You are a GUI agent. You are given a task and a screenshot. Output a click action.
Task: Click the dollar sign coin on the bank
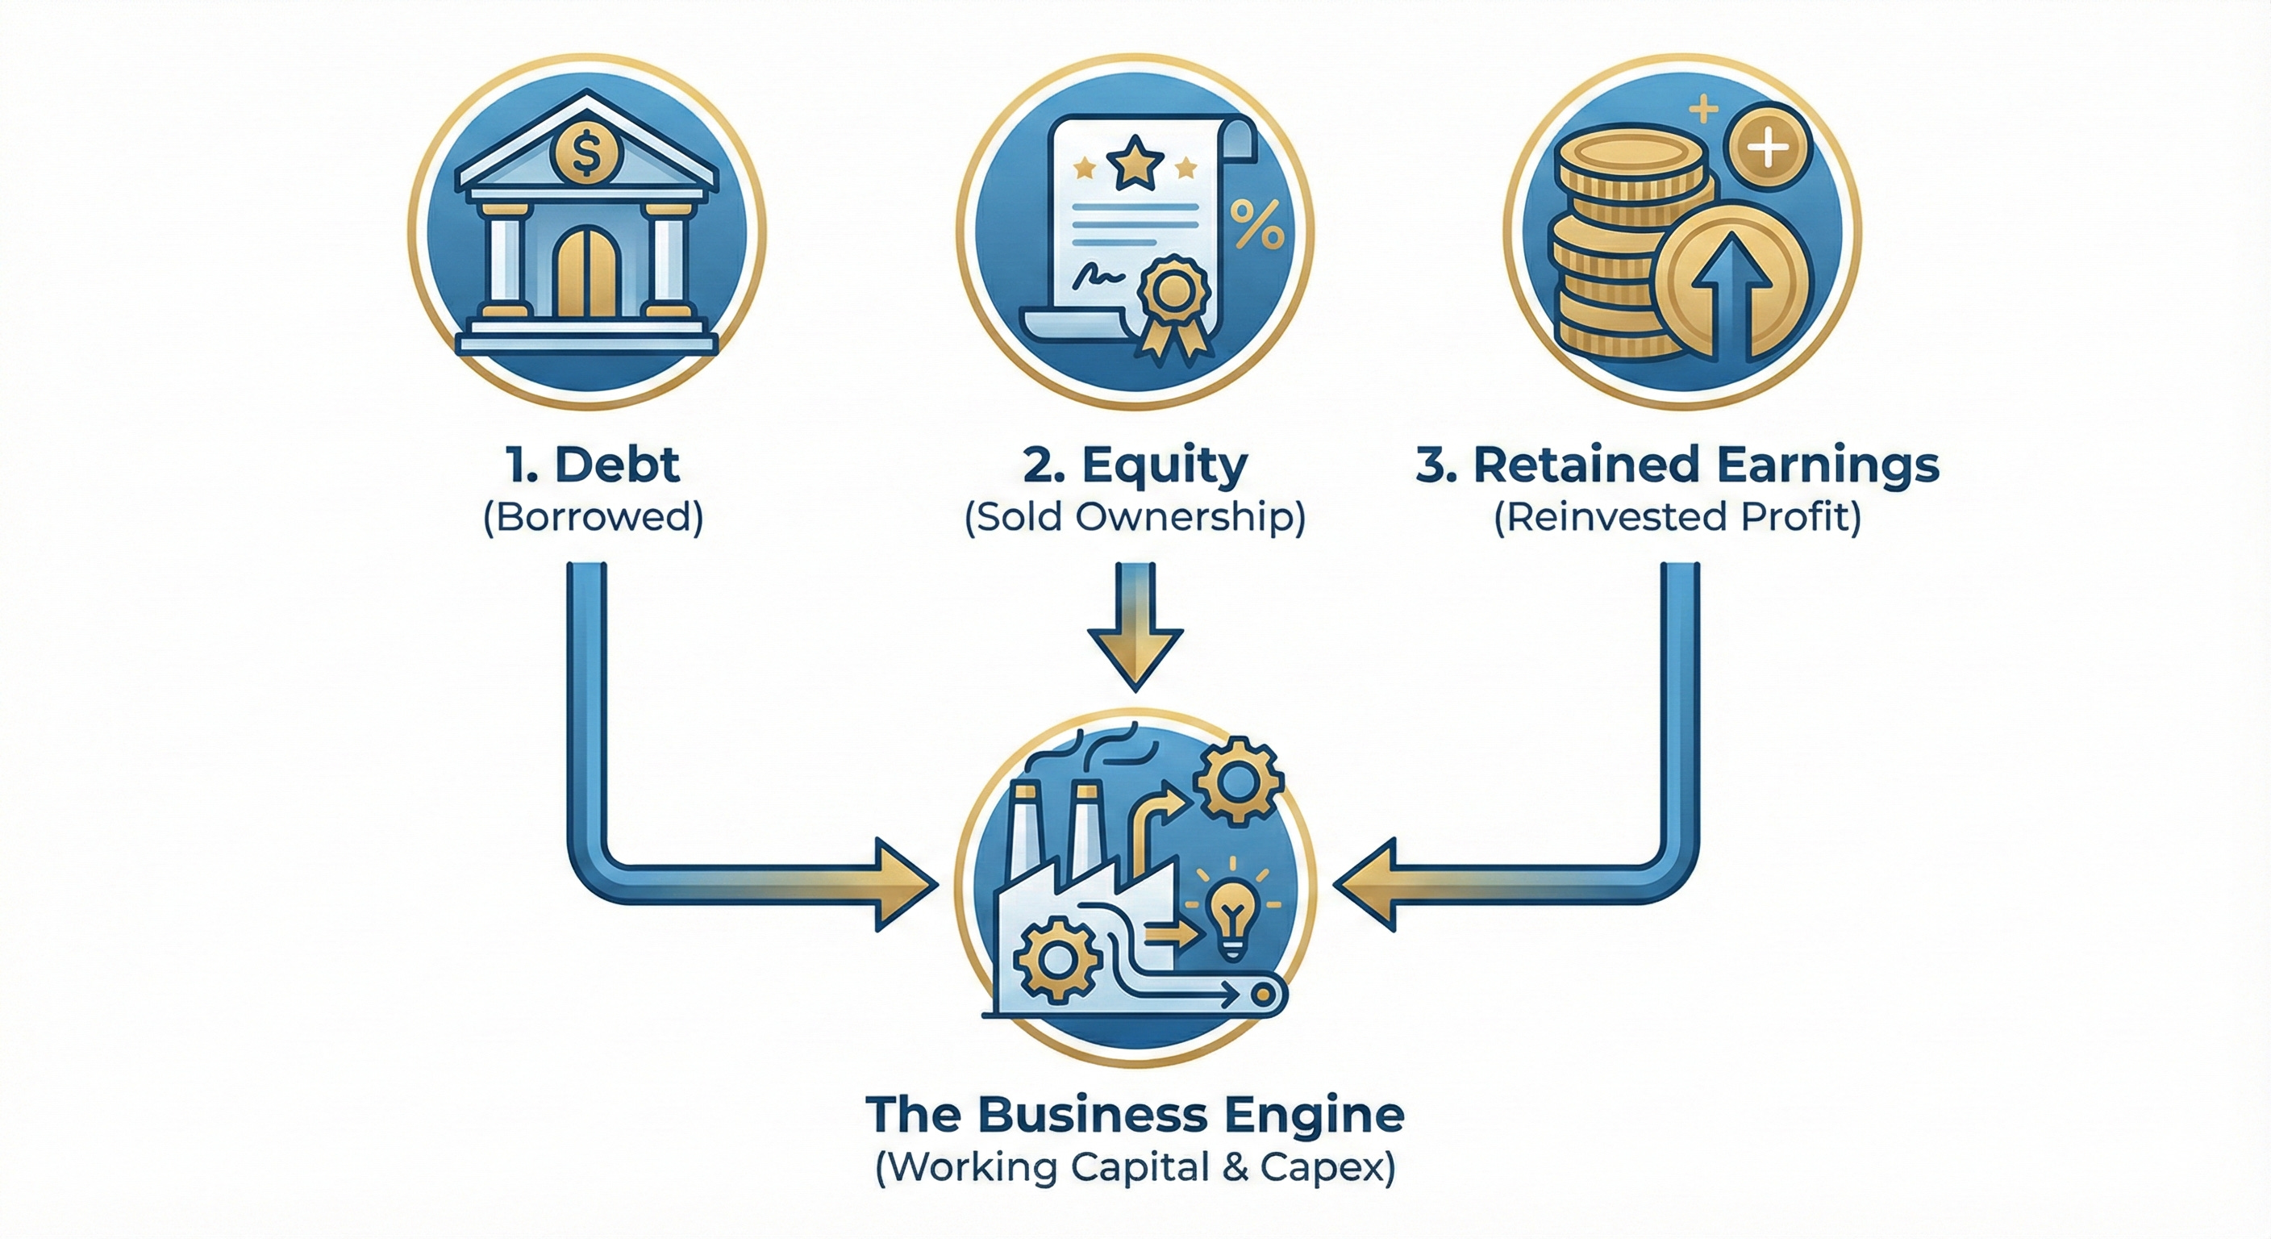click(x=586, y=155)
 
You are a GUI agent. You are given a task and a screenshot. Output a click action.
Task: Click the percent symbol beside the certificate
click(x=1257, y=224)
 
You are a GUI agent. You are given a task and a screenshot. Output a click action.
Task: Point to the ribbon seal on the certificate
click(x=1173, y=295)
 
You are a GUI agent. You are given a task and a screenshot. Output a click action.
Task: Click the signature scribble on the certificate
click(x=1098, y=275)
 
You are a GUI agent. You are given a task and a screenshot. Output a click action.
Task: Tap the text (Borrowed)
click(x=594, y=517)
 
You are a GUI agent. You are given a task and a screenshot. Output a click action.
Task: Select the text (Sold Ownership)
click(x=1135, y=517)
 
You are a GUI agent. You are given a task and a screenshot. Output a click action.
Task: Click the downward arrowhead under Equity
click(x=1135, y=656)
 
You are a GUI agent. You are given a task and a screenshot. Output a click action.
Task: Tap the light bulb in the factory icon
click(x=1231, y=917)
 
